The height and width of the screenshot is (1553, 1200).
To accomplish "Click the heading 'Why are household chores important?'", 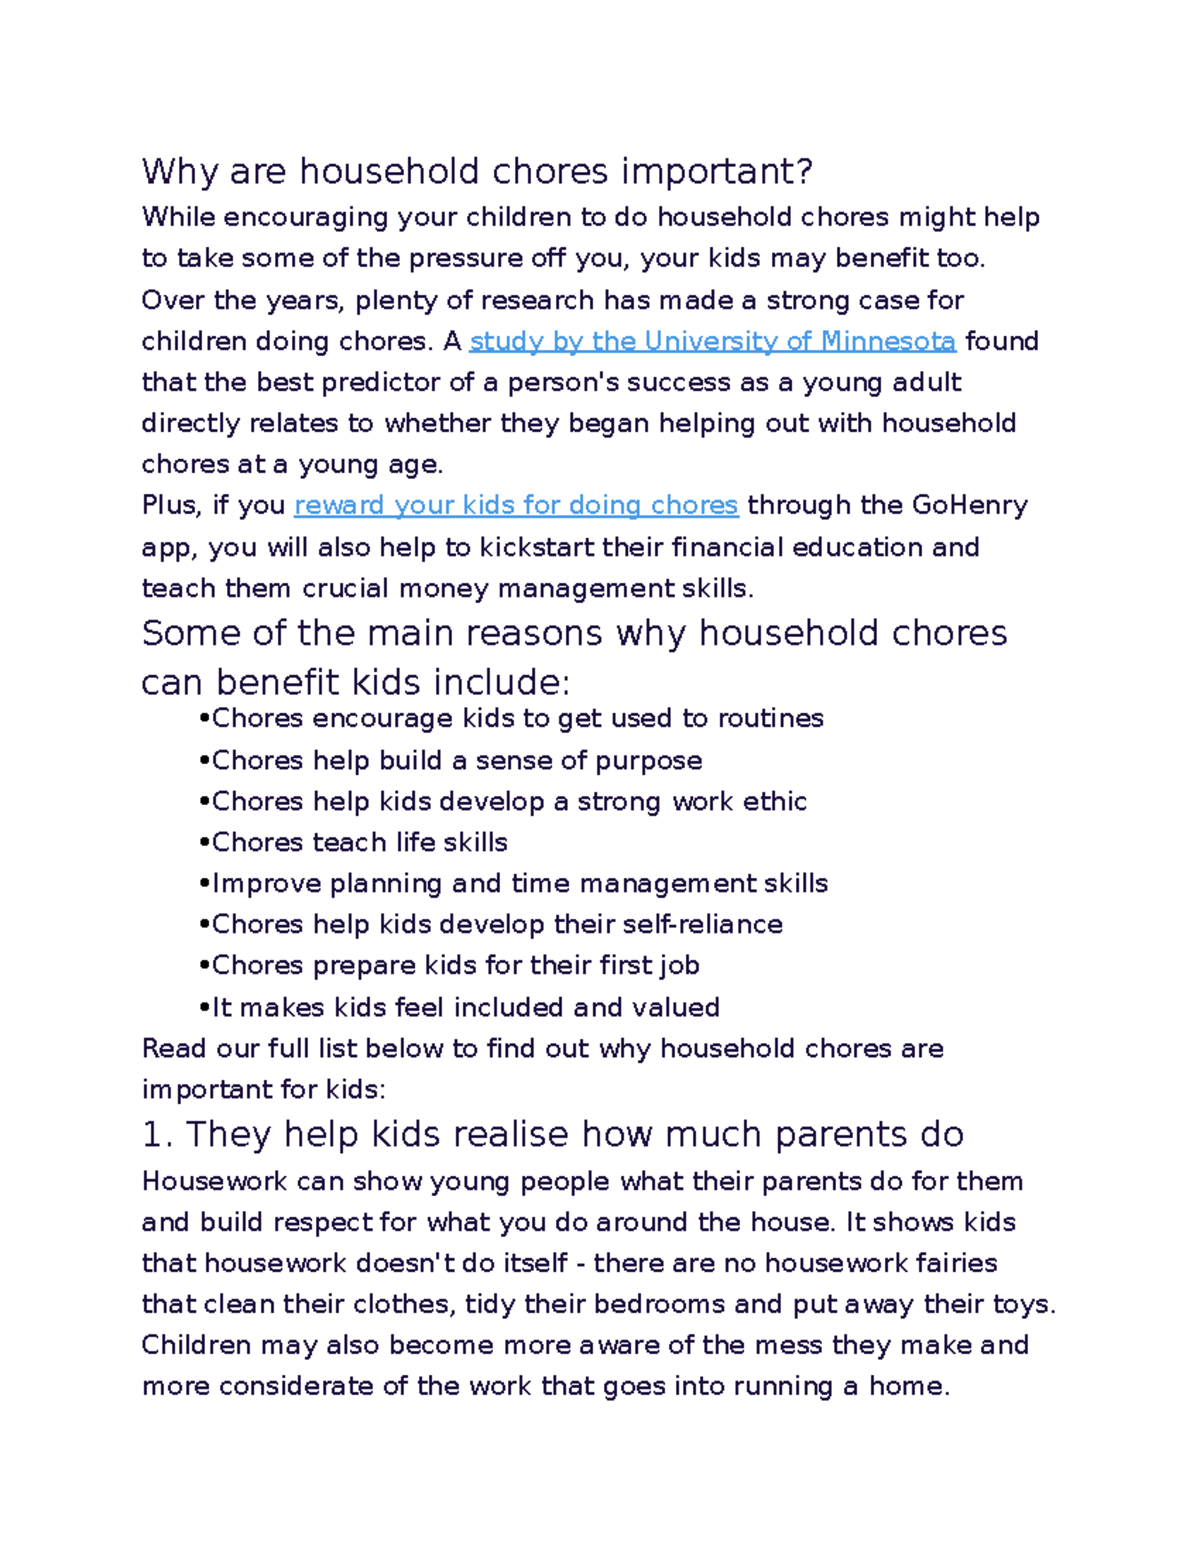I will coord(477,172).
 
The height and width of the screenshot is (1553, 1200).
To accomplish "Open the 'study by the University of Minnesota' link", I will coord(712,342).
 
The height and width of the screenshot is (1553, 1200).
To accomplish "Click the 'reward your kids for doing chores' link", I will coord(516,506).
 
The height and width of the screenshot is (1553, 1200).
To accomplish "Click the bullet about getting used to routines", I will coord(517,719).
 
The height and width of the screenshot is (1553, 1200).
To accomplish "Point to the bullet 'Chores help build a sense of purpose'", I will coord(456,761).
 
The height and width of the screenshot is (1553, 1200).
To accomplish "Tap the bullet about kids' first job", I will coord(455,966).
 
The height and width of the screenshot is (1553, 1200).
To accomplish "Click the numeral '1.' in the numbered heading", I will coord(158,1135).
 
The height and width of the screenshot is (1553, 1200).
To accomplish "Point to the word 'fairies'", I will coord(957,1264).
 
